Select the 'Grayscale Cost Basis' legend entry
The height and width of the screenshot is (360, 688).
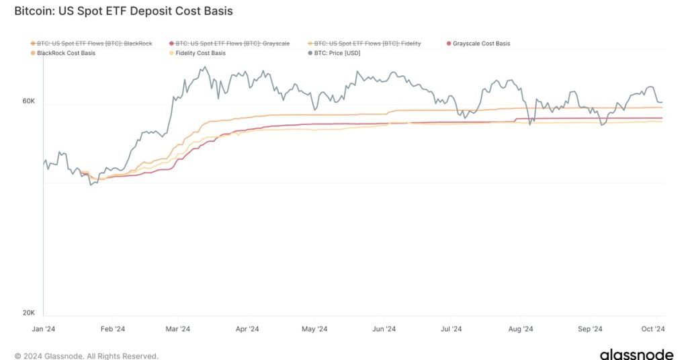click(481, 44)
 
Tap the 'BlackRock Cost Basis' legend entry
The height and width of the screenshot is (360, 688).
click(66, 53)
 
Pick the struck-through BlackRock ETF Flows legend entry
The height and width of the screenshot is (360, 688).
click(95, 44)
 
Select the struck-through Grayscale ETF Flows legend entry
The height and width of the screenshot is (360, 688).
click(232, 44)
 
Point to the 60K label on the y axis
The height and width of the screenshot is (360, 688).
click(28, 101)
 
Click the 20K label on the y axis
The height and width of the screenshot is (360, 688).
click(28, 313)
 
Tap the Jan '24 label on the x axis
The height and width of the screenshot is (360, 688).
click(44, 329)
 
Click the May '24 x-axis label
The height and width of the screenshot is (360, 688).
click(314, 329)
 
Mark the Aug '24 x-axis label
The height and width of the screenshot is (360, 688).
click(520, 329)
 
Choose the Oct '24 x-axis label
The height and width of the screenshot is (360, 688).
click(652, 329)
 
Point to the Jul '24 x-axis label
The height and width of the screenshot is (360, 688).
click(451, 329)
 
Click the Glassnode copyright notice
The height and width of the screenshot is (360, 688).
click(86, 356)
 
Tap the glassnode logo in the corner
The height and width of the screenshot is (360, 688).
click(636, 355)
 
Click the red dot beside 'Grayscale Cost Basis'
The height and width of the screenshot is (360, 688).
click(448, 44)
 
